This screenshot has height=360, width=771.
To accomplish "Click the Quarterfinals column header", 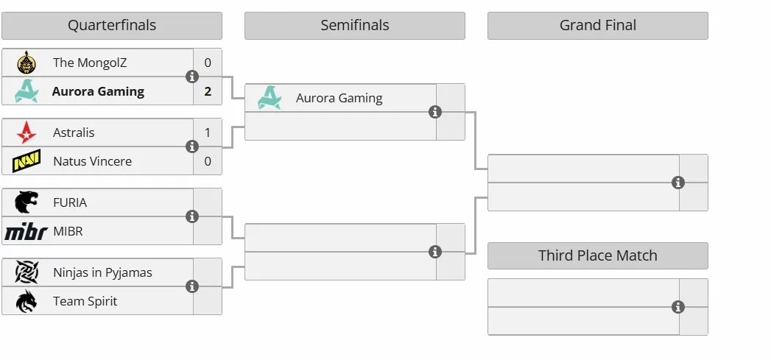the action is [112, 26].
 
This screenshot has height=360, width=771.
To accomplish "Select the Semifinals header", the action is [354, 26].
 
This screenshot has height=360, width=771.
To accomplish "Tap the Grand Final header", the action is [597, 26].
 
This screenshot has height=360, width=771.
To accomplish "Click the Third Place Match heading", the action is [597, 255].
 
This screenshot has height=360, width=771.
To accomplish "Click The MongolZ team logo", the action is [26, 63].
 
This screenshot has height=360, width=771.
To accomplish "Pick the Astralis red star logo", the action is [26, 133].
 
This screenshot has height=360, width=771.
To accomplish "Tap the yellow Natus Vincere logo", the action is [26, 161].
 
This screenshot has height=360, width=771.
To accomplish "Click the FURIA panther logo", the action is [26, 202].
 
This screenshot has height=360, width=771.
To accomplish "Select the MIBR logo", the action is [26, 231].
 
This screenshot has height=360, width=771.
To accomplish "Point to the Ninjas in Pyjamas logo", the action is [26, 272].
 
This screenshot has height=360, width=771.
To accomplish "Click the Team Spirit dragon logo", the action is [26, 301].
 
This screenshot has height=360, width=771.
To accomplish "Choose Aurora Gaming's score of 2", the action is [208, 91].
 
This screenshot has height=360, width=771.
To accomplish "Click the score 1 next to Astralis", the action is [208, 133].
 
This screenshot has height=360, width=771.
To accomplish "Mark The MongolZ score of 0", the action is [208, 63].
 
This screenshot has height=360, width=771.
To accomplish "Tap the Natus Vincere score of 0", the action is [208, 161].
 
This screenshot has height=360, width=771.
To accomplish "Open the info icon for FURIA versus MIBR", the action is [191, 216].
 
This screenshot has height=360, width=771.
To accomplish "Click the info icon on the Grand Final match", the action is [678, 183].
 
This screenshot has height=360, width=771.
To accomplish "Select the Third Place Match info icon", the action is [678, 308].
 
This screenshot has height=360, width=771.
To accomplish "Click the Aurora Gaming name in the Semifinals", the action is [339, 99].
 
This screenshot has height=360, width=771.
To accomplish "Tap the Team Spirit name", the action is [85, 301].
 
